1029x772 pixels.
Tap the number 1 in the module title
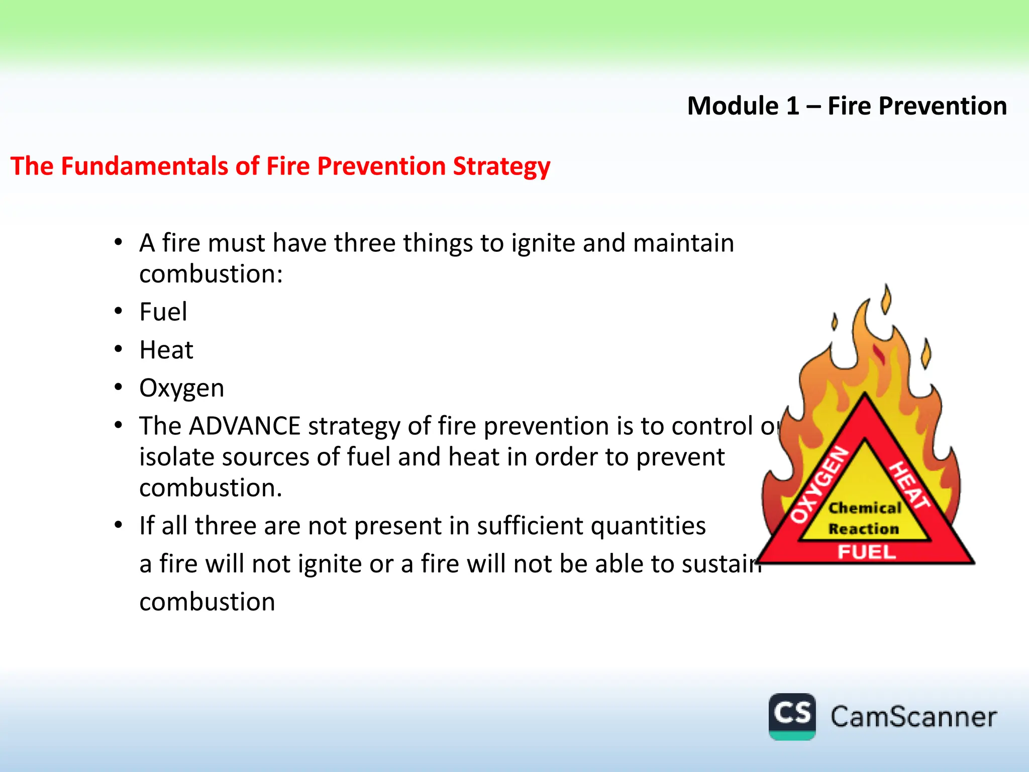(x=792, y=106)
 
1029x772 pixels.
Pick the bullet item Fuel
(x=163, y=312)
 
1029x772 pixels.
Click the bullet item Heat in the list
(x=166, y=350)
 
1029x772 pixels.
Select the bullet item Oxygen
(x=181, y=389)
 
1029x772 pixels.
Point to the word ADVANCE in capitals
(x=245, y=426)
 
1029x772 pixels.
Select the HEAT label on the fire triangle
(x=909, y=485)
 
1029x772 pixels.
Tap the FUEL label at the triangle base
(x=866, y=552)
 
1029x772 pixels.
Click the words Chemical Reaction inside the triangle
(x=864, y=518)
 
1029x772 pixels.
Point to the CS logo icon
(x=792, y=716)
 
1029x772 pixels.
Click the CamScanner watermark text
(x=913, y=717)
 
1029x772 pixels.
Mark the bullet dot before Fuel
(x=118, y=311)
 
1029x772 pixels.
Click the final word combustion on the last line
(x=207, y=602)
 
